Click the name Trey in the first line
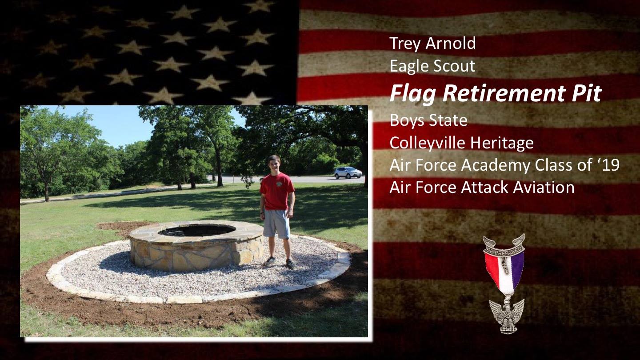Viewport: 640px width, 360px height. click(405, 44)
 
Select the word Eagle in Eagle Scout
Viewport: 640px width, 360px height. click(409, 66)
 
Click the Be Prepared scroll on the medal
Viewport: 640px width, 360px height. click(504, 248)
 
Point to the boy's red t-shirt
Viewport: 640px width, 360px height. click(276, 191)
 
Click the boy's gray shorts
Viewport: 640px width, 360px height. click(276, 224)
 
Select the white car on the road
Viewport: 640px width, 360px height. click(348, 173)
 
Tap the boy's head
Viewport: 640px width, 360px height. click(274, 164)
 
